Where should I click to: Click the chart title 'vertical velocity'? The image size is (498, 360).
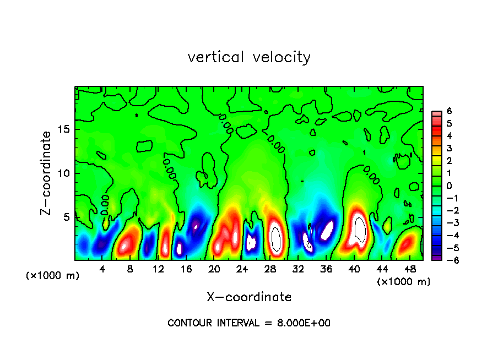coord(249,57)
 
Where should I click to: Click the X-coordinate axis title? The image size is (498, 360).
coord(249,297)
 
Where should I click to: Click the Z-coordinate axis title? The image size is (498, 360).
coord(47,173)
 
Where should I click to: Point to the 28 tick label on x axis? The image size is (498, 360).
coord(270,269)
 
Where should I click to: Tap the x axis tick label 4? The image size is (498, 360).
coord(102,269)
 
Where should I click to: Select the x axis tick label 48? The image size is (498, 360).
coord(410,269)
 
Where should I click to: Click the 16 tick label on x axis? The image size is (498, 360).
coord(186,269)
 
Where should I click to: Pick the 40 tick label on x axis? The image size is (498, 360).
coord(354,269)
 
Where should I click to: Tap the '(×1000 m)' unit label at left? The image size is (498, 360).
coord(52,276)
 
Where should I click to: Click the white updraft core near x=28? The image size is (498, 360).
coord(277,239)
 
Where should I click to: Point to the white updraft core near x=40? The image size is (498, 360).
coord(360,230)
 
